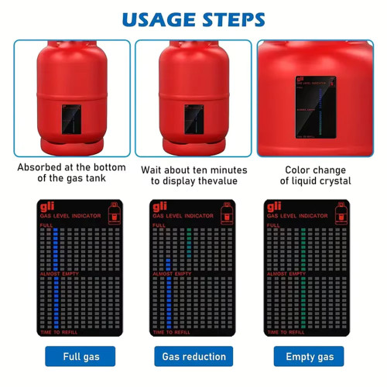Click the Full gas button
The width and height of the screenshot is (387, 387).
tap(80, 356)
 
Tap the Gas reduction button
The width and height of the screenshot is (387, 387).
tap(193, 356)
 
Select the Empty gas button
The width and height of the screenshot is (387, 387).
tap(310, 356)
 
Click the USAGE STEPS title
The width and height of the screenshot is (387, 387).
tap(193, 19)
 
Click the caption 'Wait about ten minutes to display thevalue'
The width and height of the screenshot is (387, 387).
tap(193, 175)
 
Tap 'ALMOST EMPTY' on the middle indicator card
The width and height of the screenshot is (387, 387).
tap(172, 274)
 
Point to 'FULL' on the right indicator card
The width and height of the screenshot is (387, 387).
tap(272, 225)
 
